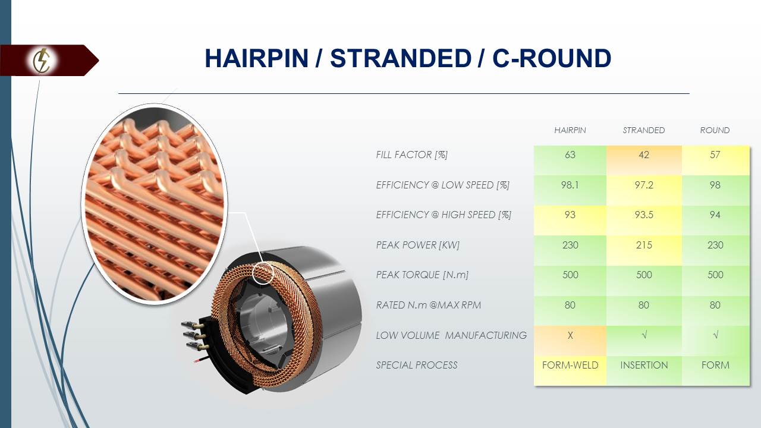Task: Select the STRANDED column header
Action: pos(643,130)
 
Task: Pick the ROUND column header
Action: pos(715,130)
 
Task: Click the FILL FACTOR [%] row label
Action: pos(411,155)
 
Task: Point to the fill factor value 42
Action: pos(643,155)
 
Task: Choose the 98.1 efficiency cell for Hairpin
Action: pos(570,185)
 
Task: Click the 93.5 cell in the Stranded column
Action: pos(643,215)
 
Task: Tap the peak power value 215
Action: pos(643,245)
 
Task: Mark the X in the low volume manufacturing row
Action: pos(570,335)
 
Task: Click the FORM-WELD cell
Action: pos(570,365)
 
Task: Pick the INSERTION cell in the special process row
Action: pos(643,365)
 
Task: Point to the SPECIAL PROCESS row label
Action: pos(416,365)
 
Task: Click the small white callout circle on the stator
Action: pos(263,273)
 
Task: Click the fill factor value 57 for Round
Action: pos(715,155)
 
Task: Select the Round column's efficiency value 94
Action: pos(715,215)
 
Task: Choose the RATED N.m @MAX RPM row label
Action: pos(428,305)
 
